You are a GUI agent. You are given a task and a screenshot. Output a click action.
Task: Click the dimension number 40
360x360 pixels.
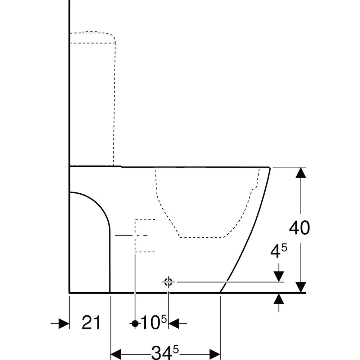[x=300, y=228]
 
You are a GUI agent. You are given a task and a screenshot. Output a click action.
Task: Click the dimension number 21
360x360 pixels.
[x=91, y=323]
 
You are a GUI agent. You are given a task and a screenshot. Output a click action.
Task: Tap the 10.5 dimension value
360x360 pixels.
[x=153, y=322]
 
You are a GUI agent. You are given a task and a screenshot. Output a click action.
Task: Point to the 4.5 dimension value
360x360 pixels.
[x=279, y=251]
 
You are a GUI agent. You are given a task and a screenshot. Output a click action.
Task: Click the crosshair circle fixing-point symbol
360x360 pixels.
[x=168, y=282]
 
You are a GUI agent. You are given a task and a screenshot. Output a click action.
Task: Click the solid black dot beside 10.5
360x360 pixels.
[x=135, y=324]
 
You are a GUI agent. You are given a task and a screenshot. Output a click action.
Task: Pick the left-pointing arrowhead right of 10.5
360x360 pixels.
[x=174, y=324]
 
